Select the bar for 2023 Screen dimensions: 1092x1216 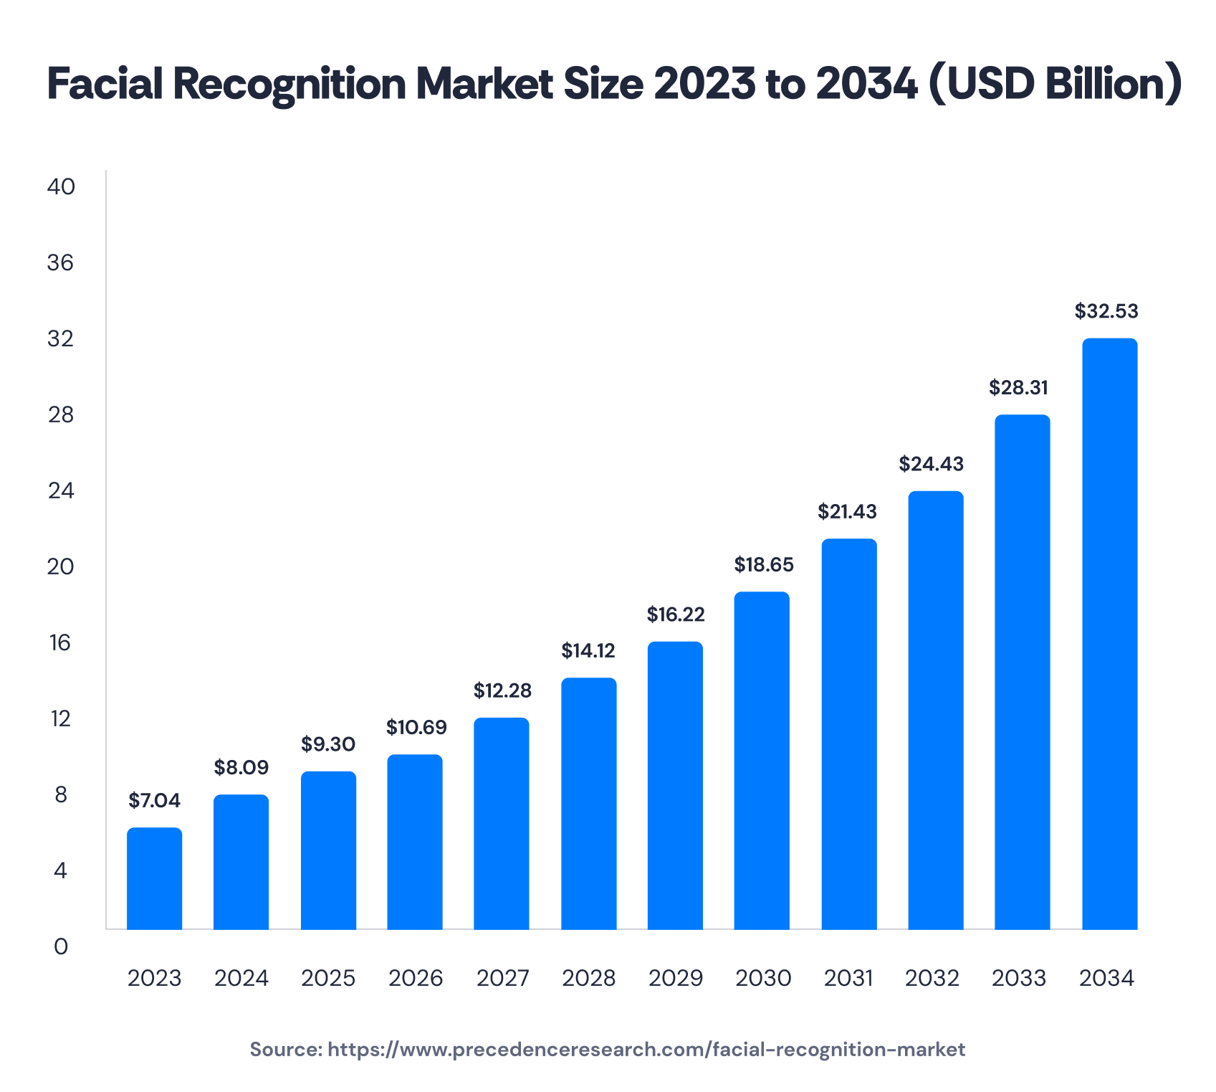coord(154,878)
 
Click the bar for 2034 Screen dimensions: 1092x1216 coord(1109,634)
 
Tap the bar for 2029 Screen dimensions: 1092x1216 coord(675,785)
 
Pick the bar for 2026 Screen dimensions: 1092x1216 coord(415,842)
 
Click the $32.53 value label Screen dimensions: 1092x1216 coord(1106,311)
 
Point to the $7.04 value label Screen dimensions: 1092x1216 coord(154,800)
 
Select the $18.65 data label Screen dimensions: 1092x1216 coord(764,565)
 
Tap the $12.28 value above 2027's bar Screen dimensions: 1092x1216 coord(502,690)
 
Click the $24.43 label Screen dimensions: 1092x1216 coord(932,464)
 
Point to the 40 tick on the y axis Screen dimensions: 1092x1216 coord(61,186)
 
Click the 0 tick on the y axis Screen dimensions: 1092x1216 coord(61,946)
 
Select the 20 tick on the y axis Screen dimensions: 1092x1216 coord(61,566)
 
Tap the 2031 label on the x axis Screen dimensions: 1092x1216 coord(848,978)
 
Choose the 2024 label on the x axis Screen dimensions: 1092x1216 coord(241,978)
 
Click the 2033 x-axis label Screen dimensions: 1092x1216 coord(1019,978)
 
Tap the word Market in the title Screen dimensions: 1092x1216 coord(485,84)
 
